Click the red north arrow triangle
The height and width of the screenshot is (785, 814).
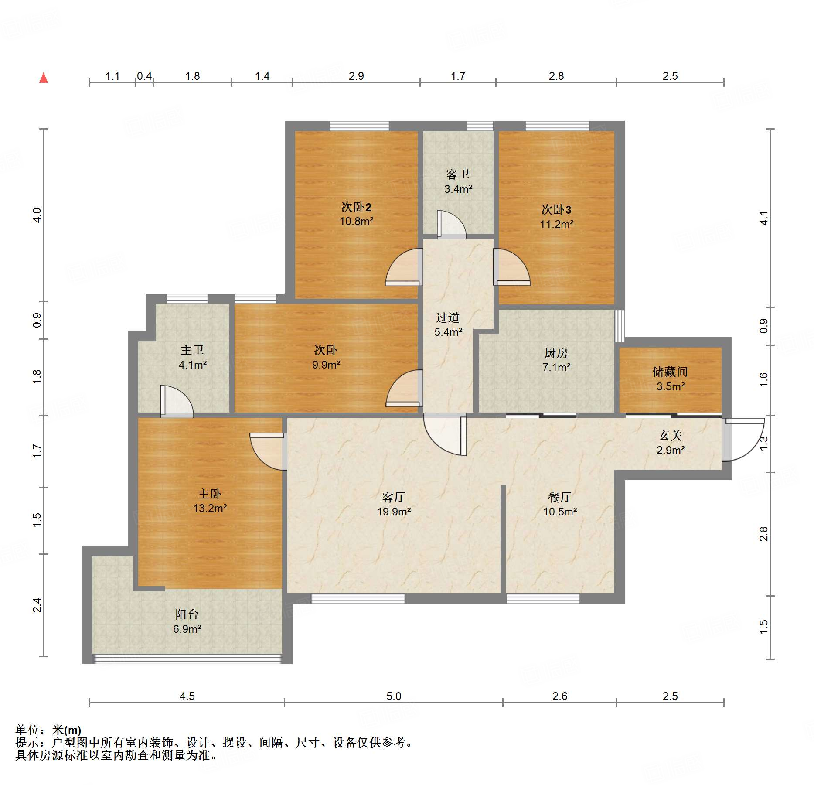click(x=44, y=78)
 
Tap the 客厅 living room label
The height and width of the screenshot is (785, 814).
click(x=394, y=497)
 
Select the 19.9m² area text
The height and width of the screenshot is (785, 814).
click(x=394, y=512)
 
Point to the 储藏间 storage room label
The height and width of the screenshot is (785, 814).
click(x=670, y=372)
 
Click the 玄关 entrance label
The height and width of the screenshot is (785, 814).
click(x=670, y=435)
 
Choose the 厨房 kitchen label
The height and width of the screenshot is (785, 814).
click(x=556, y=352)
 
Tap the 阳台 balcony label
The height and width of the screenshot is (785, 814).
click(x=187, y=614)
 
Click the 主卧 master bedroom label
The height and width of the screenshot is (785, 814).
click(x=210, y=494)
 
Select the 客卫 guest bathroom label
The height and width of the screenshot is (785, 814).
click(x=458, y=174)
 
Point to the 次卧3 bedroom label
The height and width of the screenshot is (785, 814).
click(x=556, y=210)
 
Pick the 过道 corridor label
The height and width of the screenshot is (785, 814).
click(x=448, y=317)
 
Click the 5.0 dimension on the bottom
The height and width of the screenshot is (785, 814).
click(x=394, y=696)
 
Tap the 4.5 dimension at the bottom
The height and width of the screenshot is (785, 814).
click(x=187, y=696)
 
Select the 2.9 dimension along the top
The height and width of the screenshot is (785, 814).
click(x=356, y=76)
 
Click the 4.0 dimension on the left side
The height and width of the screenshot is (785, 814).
click(x=37, y=215)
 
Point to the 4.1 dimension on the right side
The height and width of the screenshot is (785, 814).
click(x=763, y=218)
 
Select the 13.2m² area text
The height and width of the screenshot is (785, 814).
click(x=210, y=508)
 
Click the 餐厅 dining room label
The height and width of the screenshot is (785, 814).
click(x=560, y=497)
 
